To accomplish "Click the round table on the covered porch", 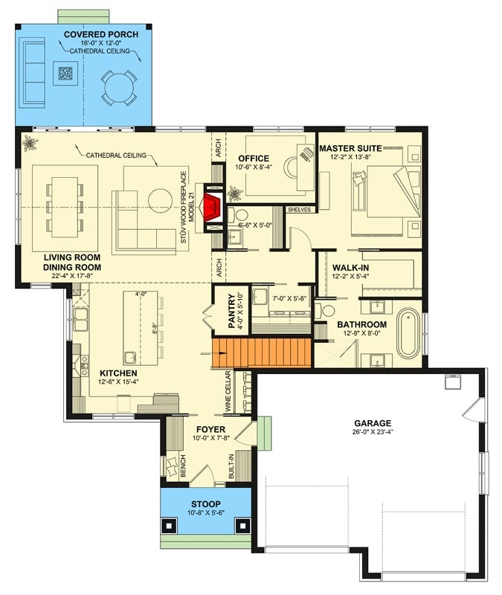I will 120,86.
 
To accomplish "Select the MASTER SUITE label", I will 350,148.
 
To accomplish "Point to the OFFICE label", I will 254,158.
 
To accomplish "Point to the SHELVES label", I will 299,210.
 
